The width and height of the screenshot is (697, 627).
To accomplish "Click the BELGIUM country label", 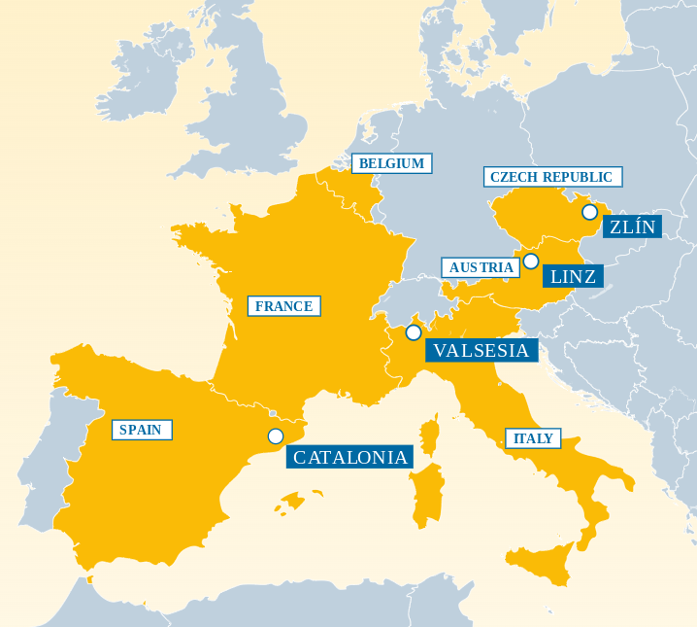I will (x=391, y=163).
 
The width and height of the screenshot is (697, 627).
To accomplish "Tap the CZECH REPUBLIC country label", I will (x=551, y=177).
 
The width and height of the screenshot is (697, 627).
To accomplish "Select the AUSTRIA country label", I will (x=481, y=267).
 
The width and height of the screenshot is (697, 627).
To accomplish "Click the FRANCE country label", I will (x=283, y=306).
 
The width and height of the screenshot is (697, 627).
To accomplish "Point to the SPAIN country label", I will (x=141, y=430).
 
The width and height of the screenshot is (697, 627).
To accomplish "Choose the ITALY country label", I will (x=533, y=438).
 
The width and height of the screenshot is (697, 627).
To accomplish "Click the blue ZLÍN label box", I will (x=632, y=227).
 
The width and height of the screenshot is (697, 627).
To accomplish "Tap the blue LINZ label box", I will (x=573, y=276).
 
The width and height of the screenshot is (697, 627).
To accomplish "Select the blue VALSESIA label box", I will (x=481, y=351).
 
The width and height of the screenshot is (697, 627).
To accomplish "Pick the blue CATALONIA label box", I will (x=350, y=457).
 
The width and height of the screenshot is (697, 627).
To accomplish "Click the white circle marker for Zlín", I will (x=589, y=212).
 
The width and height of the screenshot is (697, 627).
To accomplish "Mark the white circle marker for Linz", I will (x=531, y=261).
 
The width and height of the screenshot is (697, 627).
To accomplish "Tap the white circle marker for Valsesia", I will (x=414, y=332).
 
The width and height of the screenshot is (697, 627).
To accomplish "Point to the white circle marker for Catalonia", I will (x=276, y=436).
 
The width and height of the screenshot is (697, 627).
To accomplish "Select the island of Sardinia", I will (x=426, y=494).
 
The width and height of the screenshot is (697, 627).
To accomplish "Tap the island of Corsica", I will (x=430, y=434).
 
